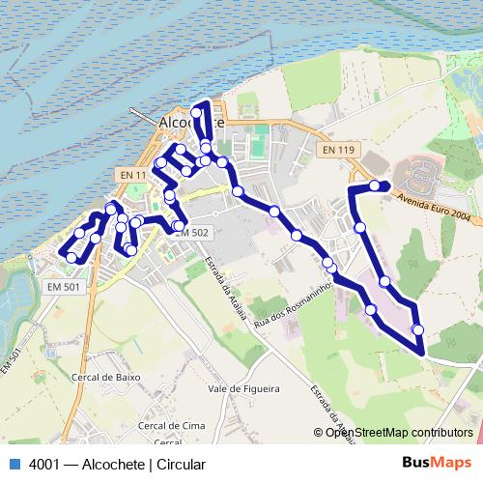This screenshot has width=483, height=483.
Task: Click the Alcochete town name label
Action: click(x=190, y=124)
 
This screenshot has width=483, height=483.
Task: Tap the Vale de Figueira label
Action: click(x=243, y=389)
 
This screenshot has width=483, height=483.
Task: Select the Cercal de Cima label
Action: click(x=172, y=425)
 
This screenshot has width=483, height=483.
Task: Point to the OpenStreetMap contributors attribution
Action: click(x=398, y=433)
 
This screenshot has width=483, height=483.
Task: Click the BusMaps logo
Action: click(x=436, y=464)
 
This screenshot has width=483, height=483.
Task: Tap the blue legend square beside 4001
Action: click(x=14, y=464)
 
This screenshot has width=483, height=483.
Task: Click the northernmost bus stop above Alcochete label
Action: click(x=196, y=113)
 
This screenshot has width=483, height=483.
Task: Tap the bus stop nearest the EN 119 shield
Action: click(x=374, y=185)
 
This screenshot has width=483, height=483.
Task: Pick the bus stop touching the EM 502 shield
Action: click(x=179, y=227)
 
